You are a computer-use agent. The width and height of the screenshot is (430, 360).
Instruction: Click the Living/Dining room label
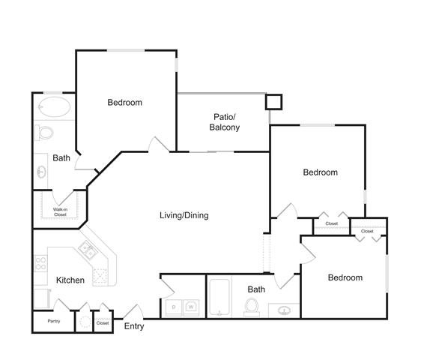[184, 215]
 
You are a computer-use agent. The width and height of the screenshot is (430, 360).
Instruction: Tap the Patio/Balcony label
[224, 122]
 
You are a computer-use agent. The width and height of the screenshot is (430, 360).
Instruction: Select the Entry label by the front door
[134, 326]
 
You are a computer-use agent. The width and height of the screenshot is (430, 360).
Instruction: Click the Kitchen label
[70, 280]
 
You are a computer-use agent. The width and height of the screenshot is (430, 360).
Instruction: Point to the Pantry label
[54, 321]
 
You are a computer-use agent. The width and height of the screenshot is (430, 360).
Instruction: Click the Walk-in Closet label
[60, 212]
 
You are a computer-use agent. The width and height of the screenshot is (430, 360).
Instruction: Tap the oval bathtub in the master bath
[54, 106]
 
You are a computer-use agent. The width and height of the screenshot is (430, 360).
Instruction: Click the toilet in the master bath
[44, 133]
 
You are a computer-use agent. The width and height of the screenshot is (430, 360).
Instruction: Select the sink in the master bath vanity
[41, 172]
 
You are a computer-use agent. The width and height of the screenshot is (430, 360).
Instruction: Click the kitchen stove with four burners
[41, 263]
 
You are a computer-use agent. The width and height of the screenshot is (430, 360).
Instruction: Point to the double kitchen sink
[87, 249]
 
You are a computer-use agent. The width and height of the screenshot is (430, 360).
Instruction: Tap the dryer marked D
[174, 307]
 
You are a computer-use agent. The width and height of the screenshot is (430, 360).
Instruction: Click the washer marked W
[191, 307]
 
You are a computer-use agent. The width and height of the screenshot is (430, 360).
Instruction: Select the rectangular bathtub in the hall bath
[219, 297]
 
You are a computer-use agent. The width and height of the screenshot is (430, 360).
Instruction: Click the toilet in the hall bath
[252, 307]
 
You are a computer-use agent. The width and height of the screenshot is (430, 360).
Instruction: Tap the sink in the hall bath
[284, 310]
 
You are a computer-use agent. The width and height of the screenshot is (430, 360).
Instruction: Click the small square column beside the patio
[273, 102]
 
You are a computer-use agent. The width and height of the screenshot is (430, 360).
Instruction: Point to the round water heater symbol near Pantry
[85, 322]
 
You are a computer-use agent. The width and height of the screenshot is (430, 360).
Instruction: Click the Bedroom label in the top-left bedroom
[125, 103]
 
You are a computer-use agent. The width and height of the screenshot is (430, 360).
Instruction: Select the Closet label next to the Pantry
[103, 323]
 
